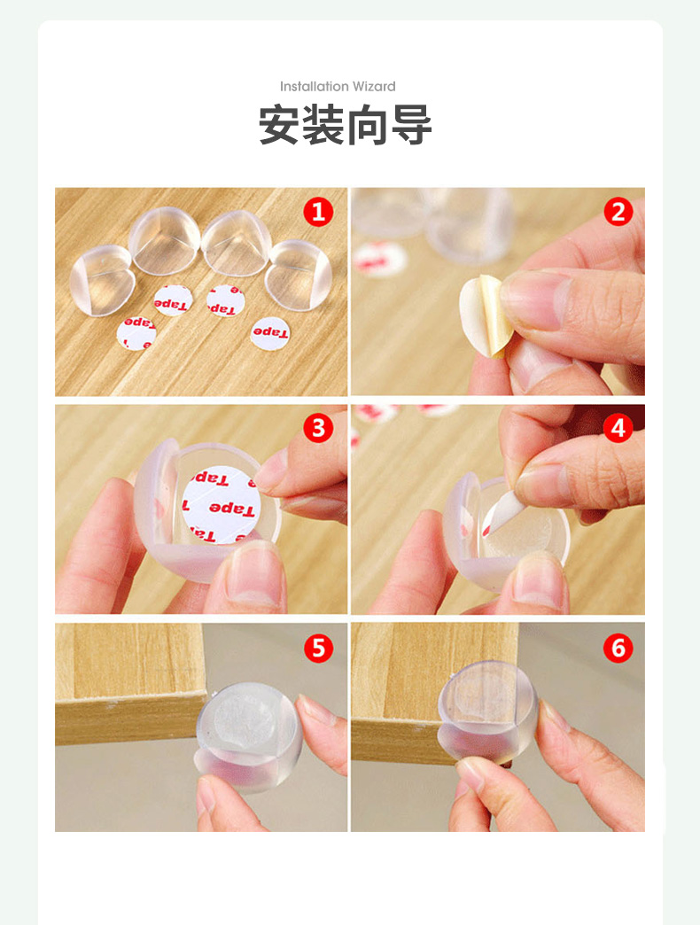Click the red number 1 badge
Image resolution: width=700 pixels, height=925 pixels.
click(x=318, y=212)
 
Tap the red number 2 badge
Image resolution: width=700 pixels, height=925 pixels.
click(x=618, y=212)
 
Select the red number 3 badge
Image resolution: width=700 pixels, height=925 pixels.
click(x=318, y=428)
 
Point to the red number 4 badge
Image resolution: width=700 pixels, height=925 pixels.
click(x=618, y=428)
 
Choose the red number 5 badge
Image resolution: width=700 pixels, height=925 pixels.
click(x=318, y=648)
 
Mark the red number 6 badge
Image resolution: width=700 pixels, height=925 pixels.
click(x=618, y=648)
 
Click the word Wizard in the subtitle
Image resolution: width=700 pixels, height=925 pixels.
click(x=374, y=87)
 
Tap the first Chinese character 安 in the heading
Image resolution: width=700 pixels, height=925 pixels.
click(x=279, y=124)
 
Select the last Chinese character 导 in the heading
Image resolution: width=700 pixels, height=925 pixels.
click(x=411, y=124)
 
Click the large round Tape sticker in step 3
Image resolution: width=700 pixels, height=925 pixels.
click(x=221, y=504)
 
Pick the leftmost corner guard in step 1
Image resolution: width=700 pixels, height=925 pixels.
click(x=103, y=280)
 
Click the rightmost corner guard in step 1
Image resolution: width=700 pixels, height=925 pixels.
click(x=299, y=275)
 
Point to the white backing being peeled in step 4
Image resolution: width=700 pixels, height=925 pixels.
click(x=500, y=511)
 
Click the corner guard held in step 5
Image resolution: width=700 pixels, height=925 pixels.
click(x=250, y=736)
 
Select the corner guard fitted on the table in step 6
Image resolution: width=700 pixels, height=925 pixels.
click(x=487, y=711)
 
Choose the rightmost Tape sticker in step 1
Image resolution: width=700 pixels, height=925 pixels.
click(x=270, y=333)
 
